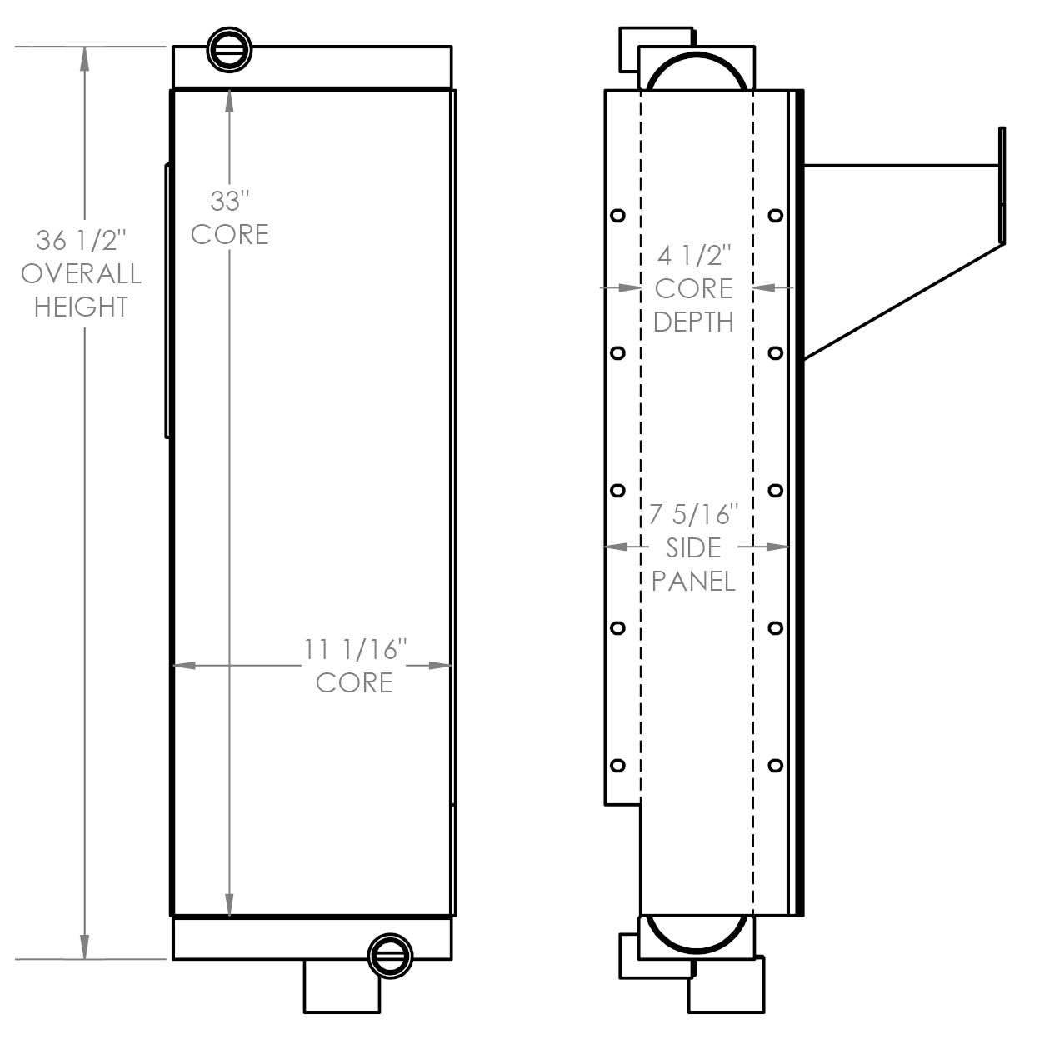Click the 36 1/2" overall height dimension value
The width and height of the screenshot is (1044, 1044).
(82, 240)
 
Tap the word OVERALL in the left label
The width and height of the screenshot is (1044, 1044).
(82, 273)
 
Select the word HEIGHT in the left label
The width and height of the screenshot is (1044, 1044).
(82, 307)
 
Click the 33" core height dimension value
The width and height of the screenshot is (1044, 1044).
(230, 201)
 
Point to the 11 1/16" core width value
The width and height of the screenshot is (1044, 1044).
(355, 650)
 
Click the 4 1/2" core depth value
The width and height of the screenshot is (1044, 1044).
(694, 255)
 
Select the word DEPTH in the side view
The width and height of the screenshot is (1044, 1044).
(693, 322)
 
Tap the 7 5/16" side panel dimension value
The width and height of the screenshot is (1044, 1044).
(693, 514)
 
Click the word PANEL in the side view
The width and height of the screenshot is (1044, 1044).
(693, 582)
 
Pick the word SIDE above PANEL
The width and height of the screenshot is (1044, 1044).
(693, 547)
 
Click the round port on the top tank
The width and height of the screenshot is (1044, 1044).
(230, 50)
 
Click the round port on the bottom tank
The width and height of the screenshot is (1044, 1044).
(390, 957)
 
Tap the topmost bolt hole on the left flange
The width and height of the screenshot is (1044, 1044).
(617, 216)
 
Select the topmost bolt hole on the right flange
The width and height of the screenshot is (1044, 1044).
(776, 216)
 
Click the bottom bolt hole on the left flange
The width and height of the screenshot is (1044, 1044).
(617, 766)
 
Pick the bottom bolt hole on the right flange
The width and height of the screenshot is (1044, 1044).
(776, 766)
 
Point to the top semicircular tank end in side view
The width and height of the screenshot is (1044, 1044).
(697, 71)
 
